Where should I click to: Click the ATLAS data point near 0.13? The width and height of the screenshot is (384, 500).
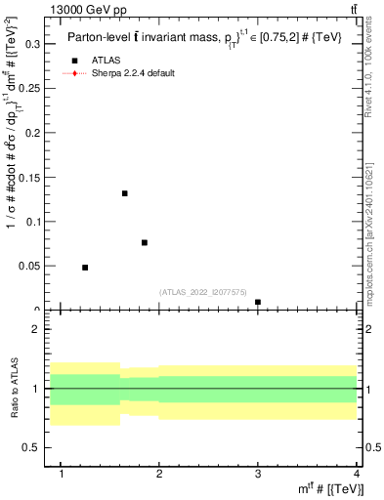click(125, 193)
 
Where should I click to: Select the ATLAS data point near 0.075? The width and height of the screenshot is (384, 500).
click(145, 242)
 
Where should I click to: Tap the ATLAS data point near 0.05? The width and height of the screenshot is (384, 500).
click(85, 268)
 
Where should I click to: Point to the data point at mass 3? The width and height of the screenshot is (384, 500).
click(258, 302)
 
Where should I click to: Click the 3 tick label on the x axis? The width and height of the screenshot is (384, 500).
click(258, 475)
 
